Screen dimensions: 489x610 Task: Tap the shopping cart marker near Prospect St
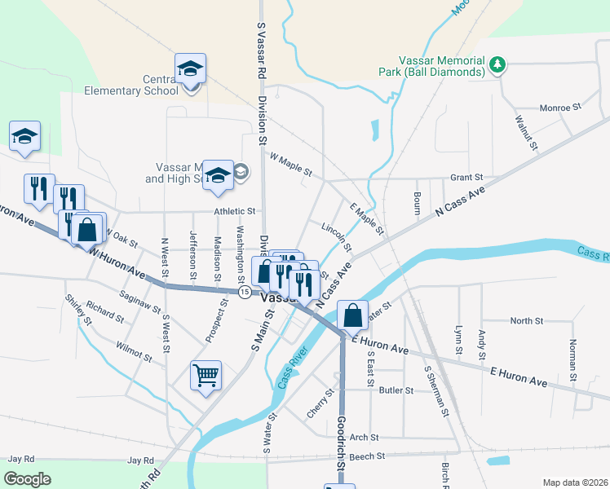point(206,376)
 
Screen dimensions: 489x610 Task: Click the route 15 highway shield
point(244,291)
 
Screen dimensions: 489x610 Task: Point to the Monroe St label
point(559,107)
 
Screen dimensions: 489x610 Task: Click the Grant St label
point(467,177)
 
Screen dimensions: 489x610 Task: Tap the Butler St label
point(396,390)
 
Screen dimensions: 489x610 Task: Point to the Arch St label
point(359,438)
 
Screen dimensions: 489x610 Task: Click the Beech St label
point(360,457)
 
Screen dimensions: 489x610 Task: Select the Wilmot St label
point(134,351)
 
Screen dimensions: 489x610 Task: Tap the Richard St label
point(104,311)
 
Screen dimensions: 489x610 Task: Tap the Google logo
point(27,479)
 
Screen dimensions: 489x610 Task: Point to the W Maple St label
point(290,166)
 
